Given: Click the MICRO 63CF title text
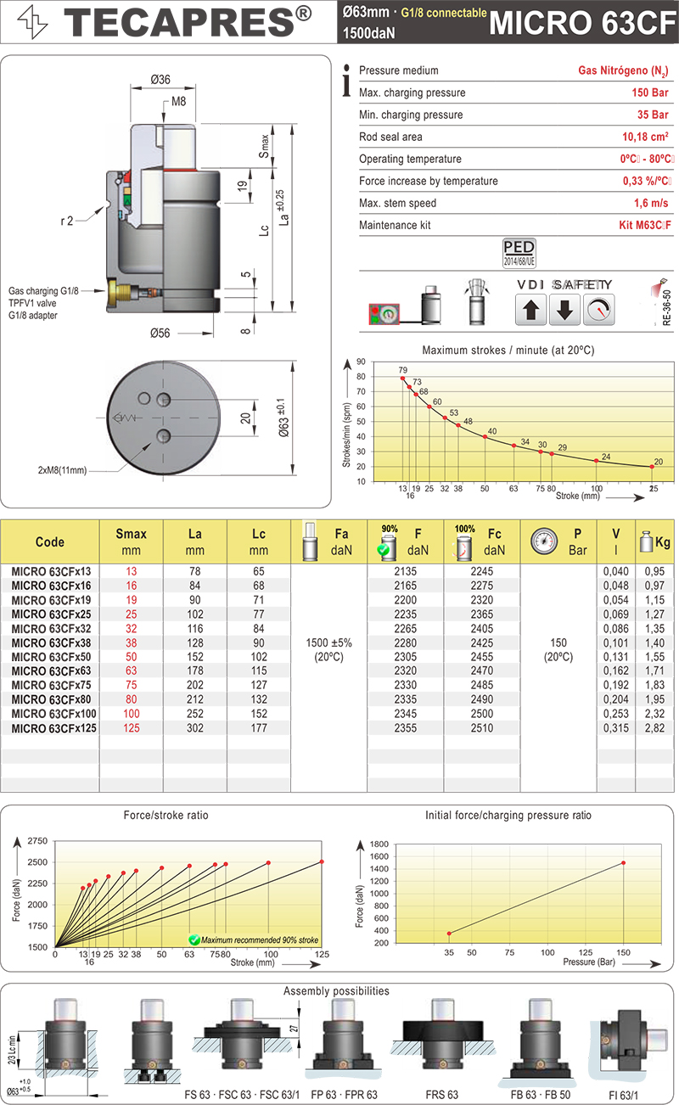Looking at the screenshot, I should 583,23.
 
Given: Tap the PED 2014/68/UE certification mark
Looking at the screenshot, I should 519,251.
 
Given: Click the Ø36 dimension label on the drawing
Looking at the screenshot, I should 160,79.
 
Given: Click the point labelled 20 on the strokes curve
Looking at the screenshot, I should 652,466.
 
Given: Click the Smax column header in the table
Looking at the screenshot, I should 131,541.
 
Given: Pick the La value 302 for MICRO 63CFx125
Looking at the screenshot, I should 195,728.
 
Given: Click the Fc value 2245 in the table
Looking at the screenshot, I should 481,571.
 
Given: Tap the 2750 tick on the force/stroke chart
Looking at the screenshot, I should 37,840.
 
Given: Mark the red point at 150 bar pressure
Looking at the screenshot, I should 624,863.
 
